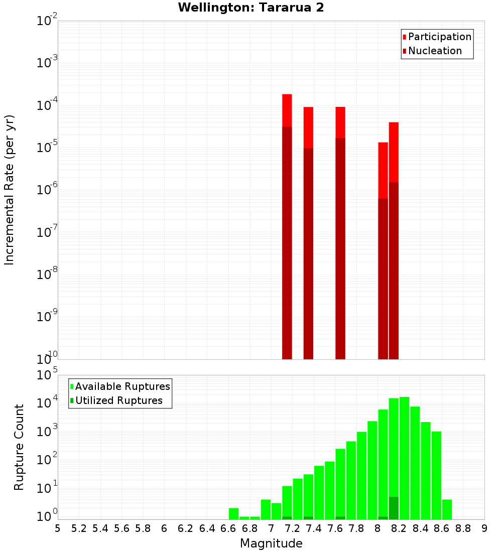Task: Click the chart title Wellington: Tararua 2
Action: [x=251, y=8]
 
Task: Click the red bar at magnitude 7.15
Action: [x=287, y=110]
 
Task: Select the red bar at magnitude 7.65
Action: [x=340, y=122]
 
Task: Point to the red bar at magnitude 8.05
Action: [x=383, y=171]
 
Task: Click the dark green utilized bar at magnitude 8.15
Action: [x=394, y=508]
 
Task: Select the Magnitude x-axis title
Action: [x=271, y=543]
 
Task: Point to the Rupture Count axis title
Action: [x=19, y=447]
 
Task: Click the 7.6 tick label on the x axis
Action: [x=335, y=528]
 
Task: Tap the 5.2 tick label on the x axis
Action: [x=79, y=528]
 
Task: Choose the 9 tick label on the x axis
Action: [x=484, y=528]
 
